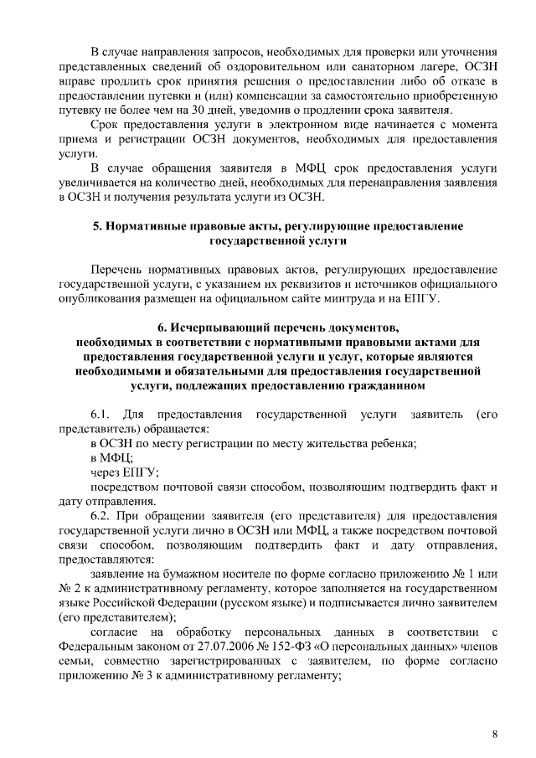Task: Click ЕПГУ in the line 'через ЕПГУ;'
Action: click(x=142, y=472)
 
